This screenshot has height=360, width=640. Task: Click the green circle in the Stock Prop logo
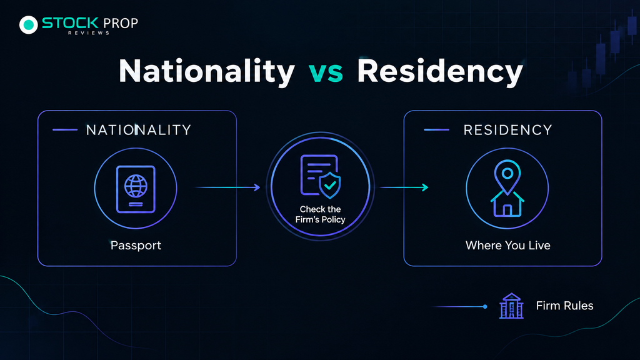click(x=29, y=25)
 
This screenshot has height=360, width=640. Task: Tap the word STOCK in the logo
click(x=70, y=23)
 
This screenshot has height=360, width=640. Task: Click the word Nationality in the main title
click(x=206, y=71)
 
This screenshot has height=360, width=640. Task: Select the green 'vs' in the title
click(x=325, y=73)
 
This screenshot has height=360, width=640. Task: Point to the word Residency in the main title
click(x=440, y=72)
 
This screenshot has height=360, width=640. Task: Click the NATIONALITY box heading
click(x=138, y=130)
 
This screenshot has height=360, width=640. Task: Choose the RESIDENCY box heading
click(x=507, y=130)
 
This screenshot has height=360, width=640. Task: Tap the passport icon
click(x=136, y=189)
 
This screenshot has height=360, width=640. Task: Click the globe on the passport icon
click(x=136, y=186)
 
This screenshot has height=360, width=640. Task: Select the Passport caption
click(x=136, y=245)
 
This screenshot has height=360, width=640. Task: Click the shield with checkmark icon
click(x=330, y=185)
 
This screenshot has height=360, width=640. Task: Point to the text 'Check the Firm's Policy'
click(x=321, y=214)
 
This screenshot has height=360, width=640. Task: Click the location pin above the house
click(x=507, y=176)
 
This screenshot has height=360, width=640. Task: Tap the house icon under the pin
click(x=507, y=204)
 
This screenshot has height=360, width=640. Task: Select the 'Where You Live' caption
click(x=507, y=245)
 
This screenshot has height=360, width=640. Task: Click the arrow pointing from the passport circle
click(x=227, y=187)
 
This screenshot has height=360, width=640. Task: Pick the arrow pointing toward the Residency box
click(x=404, y=187)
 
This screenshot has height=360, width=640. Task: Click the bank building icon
click(x=511, y=306)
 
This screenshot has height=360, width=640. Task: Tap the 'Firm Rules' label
click(x=564, y=306)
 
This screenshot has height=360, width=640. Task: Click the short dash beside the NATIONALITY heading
click(x=65, y=130)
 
